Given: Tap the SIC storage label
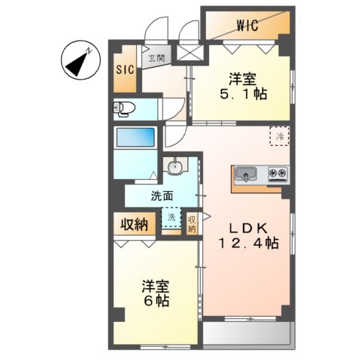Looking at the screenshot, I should tap(124, 69).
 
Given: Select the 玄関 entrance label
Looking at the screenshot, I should tap(156, 58).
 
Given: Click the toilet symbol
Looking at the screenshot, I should tap(123, 109).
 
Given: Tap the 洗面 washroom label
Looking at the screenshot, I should tap(161, 197).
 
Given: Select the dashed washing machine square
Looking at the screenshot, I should tap(171, 217).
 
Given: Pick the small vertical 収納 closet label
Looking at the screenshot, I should tap(192, 224).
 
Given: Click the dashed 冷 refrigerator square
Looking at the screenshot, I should tap(280, 136).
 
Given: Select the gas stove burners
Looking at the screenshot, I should tap(277, 175).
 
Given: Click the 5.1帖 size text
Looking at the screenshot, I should tap(243, 96).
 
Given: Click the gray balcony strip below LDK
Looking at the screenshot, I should tap(246, 333).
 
